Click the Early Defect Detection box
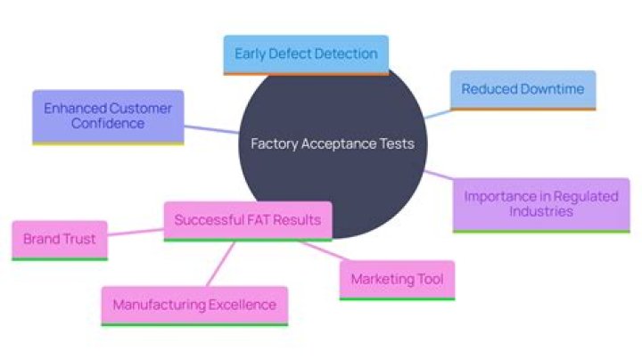(x=306, y=54)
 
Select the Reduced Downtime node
(x=523, y=90)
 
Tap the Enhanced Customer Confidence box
(x=108, y=116)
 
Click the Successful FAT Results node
(x=248, y=220)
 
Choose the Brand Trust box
(x=59, y=240)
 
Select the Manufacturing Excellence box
(x=194, y=305)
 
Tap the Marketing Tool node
(x=397, y=279)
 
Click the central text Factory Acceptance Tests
(x=333, y=143)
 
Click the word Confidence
(x=108, y=124)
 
